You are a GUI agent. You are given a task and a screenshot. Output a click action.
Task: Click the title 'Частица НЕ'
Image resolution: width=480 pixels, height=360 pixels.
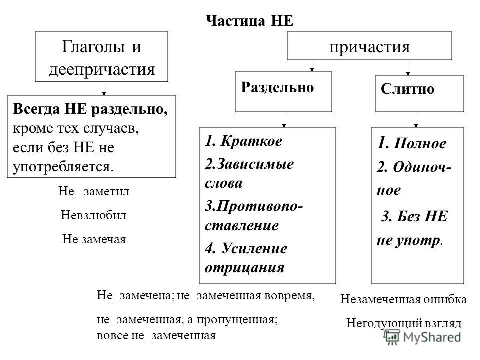pyautogui.click(x=250, y=21)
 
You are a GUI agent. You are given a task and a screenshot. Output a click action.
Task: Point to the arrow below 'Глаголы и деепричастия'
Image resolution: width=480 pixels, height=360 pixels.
pyautogui.click(x=104, y=89)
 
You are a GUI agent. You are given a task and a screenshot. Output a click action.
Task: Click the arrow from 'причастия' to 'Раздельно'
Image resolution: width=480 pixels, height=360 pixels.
pyautogui.click(x=312, y=66)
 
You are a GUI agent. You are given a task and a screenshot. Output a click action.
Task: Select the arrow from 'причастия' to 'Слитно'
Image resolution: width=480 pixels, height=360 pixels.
pyautogui.click(x=408, y=68)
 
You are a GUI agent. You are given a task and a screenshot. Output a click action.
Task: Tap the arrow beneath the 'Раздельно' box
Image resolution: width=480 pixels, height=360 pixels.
pyautogui.click(x=284, y=120)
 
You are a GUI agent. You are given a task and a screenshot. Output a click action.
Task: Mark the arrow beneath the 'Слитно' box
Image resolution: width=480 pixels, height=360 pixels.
pyautogui.click(x=416, y=120)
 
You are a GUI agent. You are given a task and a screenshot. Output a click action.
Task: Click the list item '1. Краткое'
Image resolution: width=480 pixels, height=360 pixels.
pyautogui.click(x=243, y=141)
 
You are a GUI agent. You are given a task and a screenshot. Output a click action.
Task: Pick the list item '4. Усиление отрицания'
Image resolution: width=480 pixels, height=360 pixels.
pyautogui.click(x=246, y=258)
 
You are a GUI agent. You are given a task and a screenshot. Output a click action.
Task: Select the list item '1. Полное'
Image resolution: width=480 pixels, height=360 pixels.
pyautogui.click(x=411, y=143)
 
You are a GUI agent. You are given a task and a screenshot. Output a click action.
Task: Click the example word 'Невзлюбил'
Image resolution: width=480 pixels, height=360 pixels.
pyautogui.click(x=93, y=215)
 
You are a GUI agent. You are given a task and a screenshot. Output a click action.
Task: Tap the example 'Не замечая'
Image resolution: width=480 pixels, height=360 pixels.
pyautogui.click(x=94, y=239)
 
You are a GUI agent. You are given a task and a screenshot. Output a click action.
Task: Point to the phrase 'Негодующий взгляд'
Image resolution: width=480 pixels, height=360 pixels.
pyautogui.click(x=404, y=323)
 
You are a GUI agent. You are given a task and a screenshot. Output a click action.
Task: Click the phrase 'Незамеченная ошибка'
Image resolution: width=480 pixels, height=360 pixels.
pyautogui.click(x=404, y=299)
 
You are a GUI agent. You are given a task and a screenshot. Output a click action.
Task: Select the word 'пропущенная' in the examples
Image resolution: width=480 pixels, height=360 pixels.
pyautogui.click(x=237, y=320)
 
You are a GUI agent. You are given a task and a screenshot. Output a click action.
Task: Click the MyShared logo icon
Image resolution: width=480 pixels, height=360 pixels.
pyautogui.click(x=392, y=337)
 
